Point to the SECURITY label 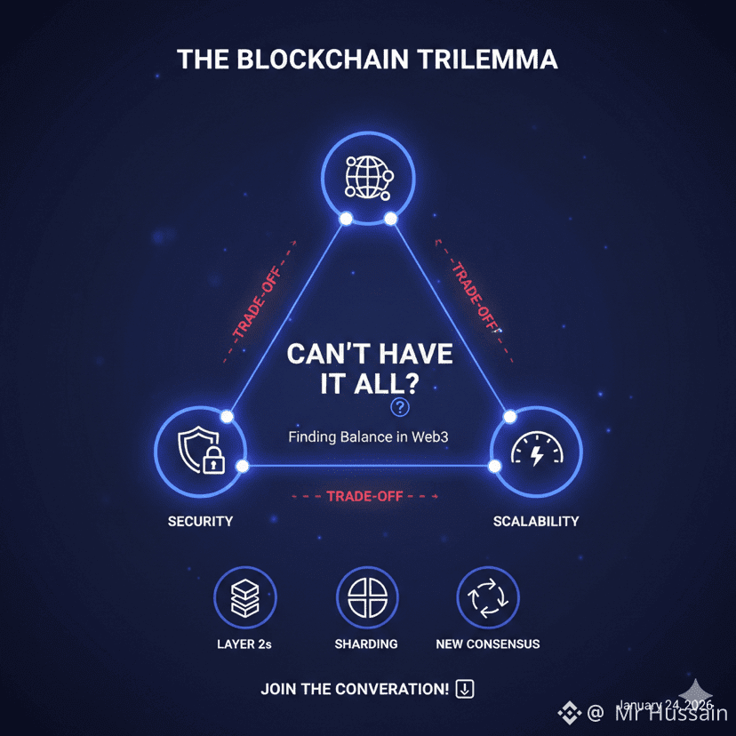200,521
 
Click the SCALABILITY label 536,521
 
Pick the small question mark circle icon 400,407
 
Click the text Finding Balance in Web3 367,437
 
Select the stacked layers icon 244,597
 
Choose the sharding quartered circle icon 366,597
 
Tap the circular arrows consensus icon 487,597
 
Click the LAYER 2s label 244,644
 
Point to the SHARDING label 366,644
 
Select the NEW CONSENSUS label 487,644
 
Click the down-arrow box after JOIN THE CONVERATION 465,689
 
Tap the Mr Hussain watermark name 672,713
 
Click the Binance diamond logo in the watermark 569,712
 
